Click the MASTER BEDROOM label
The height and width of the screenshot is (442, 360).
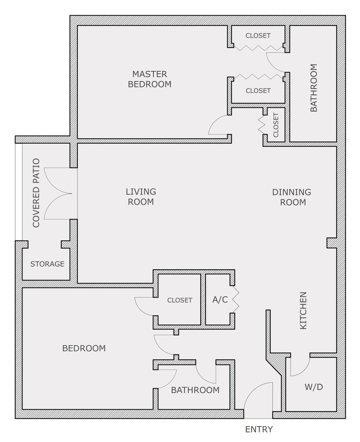[x=150, y=79]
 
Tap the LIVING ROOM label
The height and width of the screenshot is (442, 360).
[x=141, y=197]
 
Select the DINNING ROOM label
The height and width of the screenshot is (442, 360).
[x=292, y=197]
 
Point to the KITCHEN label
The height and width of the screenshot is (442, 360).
[x=303, y=311]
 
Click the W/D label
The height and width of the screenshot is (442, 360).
[x=314, y=387]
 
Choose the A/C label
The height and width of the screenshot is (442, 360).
[x=220, y=300]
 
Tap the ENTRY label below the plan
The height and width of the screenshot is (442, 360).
[x=259, y=429]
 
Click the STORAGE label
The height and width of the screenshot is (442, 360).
[x=47, y=264]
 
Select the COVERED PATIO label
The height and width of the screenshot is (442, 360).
[x=36, y=193]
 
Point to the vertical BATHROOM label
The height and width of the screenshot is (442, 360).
[x=314, y=88]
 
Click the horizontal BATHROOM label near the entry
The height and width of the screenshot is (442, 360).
[x=195, y=390]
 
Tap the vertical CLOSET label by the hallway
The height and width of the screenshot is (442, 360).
[x=276, y=125]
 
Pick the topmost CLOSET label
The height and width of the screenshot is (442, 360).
[x=258, y=36]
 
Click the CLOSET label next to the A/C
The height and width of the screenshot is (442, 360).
[x=180, y=300]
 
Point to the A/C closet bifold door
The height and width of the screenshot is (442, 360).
[x=235, y=300]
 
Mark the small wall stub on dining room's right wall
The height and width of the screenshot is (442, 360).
[x=332, y=243]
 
